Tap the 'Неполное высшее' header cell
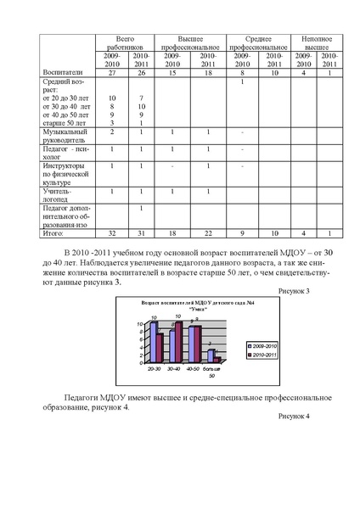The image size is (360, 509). (317, 43)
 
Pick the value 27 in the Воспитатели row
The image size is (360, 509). (111, 74)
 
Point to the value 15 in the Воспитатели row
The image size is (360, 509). (172, 74)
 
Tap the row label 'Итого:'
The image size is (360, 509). (53, 232)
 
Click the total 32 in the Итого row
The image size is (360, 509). (111, 232)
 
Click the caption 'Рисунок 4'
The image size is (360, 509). (294, 416)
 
